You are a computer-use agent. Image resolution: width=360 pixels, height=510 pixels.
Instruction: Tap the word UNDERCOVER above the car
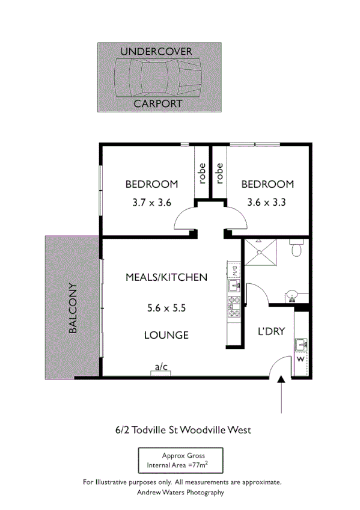tap(156, 51)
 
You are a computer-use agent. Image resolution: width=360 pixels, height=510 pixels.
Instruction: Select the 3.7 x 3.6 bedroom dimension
tap(151, 203)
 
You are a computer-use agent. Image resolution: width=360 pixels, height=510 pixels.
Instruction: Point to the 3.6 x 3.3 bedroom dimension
tap(266, 203)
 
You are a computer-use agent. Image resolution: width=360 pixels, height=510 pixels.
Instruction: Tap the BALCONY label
tap(72, 308)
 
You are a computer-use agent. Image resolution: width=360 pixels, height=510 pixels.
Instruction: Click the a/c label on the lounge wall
tap(160, 367)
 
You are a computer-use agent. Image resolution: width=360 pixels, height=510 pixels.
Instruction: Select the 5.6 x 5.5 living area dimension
tap(166, 308)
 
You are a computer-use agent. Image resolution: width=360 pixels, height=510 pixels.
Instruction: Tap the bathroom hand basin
tap(291, 295)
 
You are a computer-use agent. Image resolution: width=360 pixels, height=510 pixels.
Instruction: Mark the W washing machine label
tap(301, 360)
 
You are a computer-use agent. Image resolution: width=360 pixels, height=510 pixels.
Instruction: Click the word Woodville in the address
tap(195, 429)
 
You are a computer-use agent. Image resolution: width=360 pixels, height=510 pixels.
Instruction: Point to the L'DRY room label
tap(271, 331)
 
